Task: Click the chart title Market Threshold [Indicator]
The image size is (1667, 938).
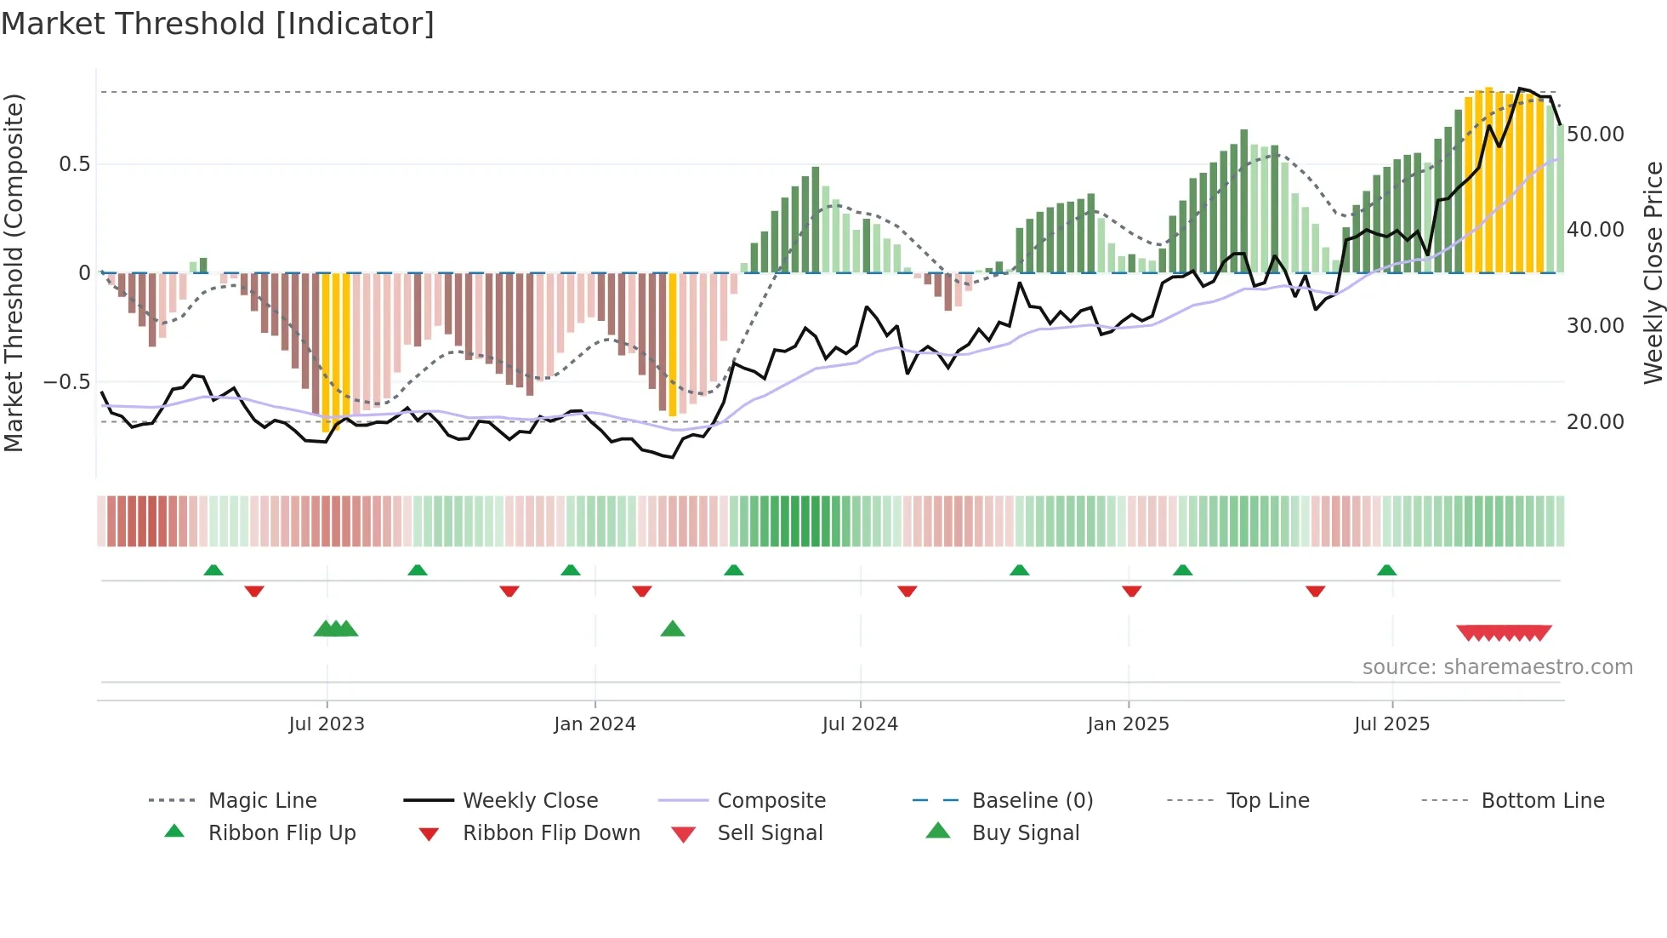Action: pyautogui.click(x=218, y=24)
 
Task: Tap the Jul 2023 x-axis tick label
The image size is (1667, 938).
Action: pyautogui.click(x=327, y=724)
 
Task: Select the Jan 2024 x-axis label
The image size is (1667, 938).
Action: pyautogui.click(x=595, y=724)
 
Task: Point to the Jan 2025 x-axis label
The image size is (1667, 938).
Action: pyautogui.click(x=1128, y=724)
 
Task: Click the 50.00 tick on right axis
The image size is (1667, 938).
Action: pyautogui.click(x=1595, y=134)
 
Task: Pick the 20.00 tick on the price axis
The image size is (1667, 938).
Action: pyautogui.click(x=1595, y=422)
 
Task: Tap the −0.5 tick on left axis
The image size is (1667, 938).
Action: pyautogui.click(x=66, y=382)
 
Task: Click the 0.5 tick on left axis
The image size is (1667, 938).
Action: pyautogui.click(x=74, y=164)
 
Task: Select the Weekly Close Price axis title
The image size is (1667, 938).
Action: pyautogui.click(x=1653, y=272)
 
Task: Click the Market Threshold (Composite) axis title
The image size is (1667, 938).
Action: pyautogui.click(x=14, y=272)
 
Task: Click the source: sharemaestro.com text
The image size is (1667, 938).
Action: pyautogui.click(x=1497, y=667)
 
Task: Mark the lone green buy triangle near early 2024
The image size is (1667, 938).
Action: pyautogui.click(x=673, y=629)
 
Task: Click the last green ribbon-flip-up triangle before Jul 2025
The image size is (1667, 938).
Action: pyautogui.click(x=1386, y=570)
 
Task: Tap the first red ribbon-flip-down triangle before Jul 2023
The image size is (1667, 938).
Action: pyautogui.click(x=254, y=591)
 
